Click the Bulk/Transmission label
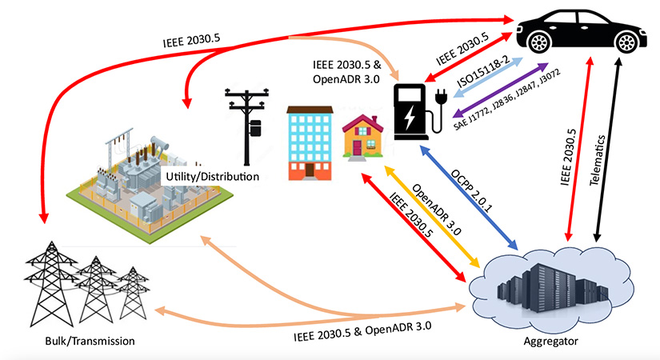point(89,342)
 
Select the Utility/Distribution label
point(211,175)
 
